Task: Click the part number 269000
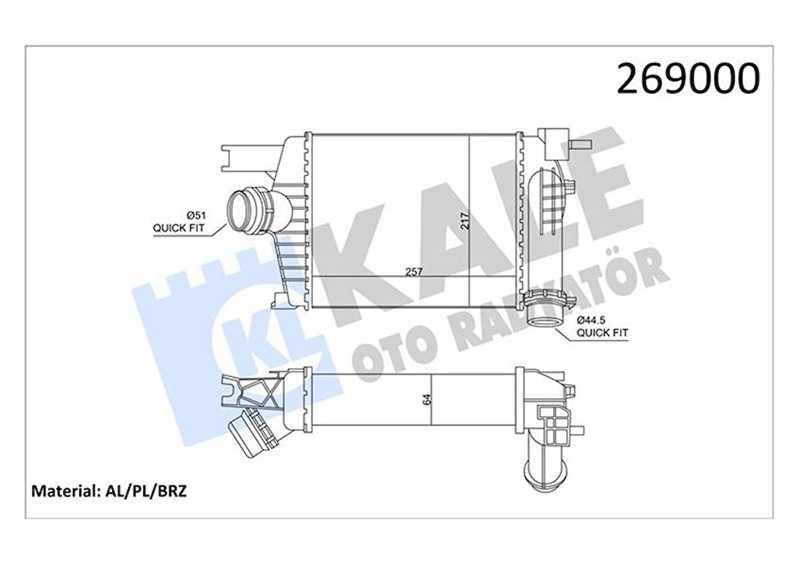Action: click(687, 79)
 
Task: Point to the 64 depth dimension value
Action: click(426, 399)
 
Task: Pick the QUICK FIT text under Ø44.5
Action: click(602, 332)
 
